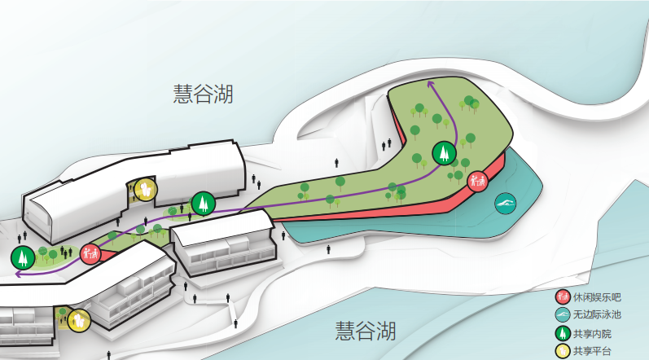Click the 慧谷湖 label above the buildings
coord(203,94)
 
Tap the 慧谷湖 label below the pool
coord(366,331)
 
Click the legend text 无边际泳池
coord(596,315)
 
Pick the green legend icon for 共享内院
coord(561,333)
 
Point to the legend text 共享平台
coord(590,351)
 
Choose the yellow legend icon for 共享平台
coord(561,351)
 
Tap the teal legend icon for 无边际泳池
coord(561,315)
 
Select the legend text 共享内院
coord(590,333)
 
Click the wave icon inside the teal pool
coord(506,203)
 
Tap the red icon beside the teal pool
coord(478,181)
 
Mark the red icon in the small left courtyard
coord(90,252)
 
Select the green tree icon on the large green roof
coord(444,152)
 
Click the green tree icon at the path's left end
coord(22,257)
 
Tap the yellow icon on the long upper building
coord(144,189)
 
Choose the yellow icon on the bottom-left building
coord(78,320)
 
